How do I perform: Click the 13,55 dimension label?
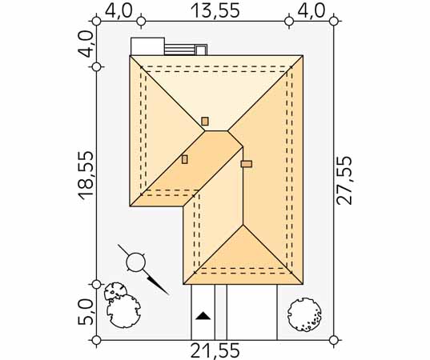pos(215,11)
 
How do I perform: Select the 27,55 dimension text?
pos(344,181)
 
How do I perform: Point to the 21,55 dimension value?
pos(215,350)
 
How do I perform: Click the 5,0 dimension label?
pos(86,312)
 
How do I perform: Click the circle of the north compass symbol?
pos(135,262)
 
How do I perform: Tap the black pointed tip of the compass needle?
pos(168,294)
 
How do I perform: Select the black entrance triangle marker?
pos(203,316)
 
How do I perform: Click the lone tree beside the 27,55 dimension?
pos(304,314)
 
